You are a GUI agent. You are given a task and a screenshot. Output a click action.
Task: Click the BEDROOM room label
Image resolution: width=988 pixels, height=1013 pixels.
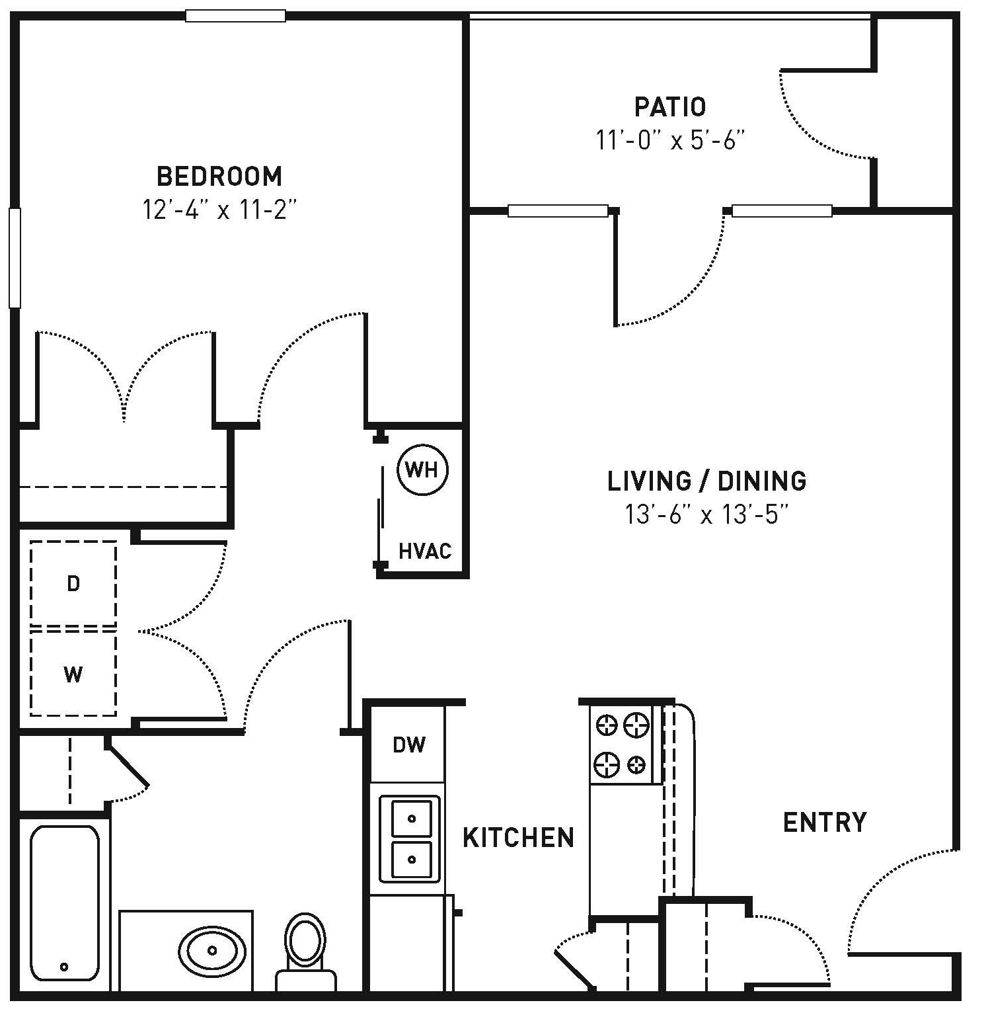(x=219, y=177)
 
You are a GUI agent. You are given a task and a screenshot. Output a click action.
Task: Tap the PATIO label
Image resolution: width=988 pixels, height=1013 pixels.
(x=670, y=106)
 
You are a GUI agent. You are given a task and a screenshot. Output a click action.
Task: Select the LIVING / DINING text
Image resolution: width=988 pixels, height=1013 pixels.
(x=707, y=481)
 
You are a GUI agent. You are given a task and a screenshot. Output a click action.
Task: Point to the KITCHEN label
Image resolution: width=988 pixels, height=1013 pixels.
(x=519, y=837)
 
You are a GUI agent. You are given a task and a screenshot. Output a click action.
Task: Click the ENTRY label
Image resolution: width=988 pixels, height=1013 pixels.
(x=825, y=822)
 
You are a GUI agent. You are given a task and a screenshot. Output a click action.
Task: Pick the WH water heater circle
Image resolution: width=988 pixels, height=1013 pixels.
(x=422, y=469)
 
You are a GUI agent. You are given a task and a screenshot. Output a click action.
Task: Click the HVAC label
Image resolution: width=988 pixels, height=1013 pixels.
(x=425, y=551)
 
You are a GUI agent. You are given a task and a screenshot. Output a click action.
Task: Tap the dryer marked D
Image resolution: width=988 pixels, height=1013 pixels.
(x=73, y=583)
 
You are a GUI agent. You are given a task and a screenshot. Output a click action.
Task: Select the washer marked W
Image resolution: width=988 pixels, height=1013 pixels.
(x=73, y=673)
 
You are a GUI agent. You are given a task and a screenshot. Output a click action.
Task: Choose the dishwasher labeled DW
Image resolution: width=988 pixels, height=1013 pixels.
(x=409, y=745)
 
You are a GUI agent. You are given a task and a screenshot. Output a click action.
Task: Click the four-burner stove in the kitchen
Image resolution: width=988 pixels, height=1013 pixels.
(x=622, y=745)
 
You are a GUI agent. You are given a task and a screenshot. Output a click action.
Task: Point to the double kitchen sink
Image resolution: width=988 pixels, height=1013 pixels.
(x=410, y=839)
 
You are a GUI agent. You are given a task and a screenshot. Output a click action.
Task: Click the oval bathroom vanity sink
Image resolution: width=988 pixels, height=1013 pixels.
(x=212, y=951)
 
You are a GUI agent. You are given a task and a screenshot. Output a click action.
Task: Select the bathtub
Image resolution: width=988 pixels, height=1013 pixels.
(x=65, y=903)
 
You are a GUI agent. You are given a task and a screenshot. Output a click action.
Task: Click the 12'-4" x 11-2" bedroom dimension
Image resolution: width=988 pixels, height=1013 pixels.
(x=219, y=210)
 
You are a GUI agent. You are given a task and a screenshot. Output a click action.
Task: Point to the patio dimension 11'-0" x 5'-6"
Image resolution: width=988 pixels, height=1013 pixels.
(x=670, y=140)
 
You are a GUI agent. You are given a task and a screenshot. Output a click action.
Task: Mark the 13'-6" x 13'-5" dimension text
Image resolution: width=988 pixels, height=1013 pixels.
(x=707, y=514)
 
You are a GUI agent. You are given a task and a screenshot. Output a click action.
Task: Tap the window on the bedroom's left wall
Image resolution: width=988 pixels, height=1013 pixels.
(x=15, y=258)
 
